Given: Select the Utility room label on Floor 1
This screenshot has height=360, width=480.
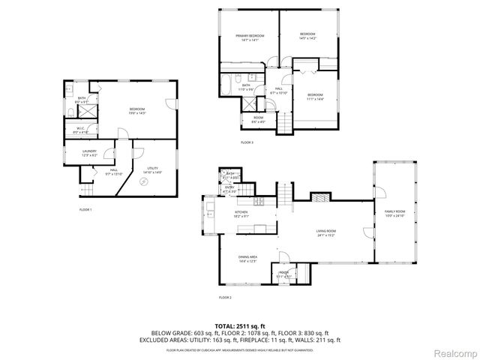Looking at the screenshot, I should point(152,170).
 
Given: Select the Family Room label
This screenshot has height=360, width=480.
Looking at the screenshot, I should point(394,214).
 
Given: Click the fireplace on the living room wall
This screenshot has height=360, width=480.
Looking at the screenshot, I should point(319,198).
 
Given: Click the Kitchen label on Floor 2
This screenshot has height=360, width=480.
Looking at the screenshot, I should point(241,214).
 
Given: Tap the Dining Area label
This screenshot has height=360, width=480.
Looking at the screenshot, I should point(247,259).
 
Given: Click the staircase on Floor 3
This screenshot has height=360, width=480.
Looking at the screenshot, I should point(286,121).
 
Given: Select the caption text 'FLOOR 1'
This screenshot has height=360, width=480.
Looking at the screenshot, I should point(85,209).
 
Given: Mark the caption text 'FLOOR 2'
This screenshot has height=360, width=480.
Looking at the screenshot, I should point(225,298).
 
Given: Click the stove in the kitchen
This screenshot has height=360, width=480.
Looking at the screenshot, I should point(258,202).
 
